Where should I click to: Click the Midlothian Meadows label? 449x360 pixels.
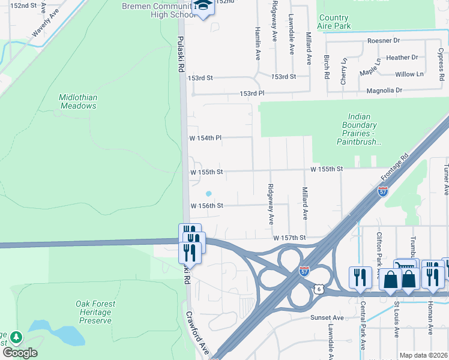tap(78, 101)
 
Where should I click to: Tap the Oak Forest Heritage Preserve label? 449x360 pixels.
tap(95, 312)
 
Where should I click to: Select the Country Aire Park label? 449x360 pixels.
tap(334, 22)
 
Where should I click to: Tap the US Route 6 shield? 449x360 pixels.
tap(318, 289)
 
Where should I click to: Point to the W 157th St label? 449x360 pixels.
tap(289, 238)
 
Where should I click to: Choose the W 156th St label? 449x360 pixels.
tap(206, 206)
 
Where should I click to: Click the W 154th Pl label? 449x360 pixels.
tap(205, 138)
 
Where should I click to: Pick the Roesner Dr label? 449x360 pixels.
tap(384, 41)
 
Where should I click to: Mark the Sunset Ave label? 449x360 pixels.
tap(327, 317)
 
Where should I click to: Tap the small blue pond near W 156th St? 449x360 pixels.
tap(208, 193)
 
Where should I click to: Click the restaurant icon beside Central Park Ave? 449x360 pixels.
tap(360, 277)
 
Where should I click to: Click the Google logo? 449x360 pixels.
tap(19, 352)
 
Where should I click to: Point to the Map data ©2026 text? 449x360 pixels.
tap(423, 355)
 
